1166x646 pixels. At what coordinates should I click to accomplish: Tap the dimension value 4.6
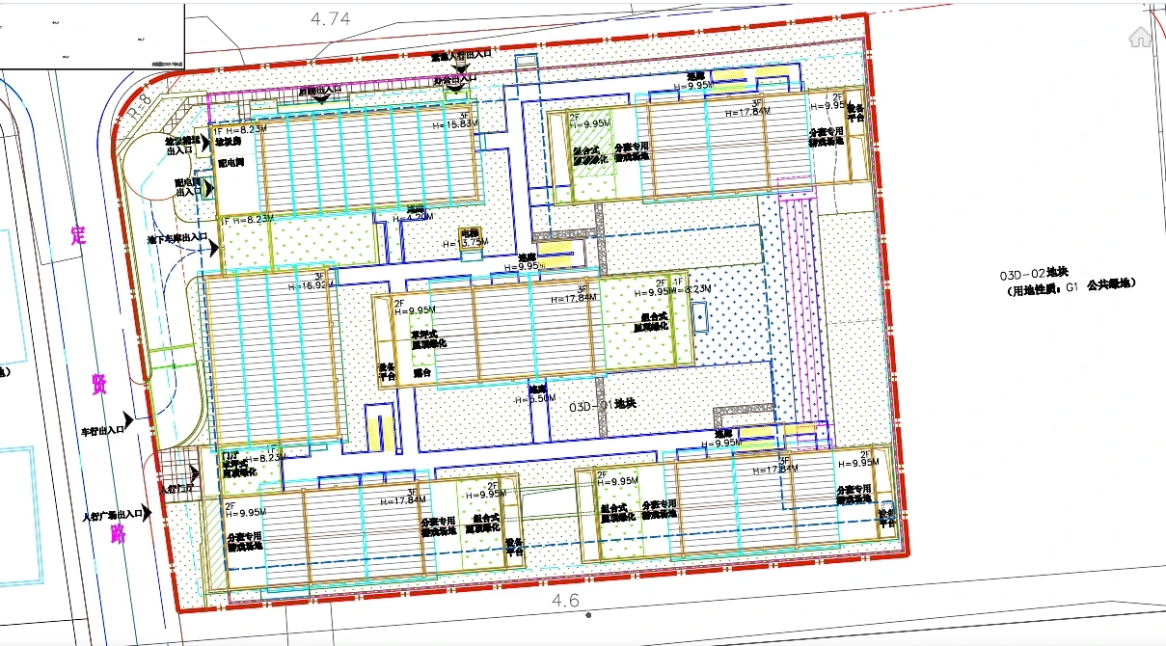pos(565,601)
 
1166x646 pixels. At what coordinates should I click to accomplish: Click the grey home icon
pos(1140,37)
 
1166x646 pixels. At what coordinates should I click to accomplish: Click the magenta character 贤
pos(98,384)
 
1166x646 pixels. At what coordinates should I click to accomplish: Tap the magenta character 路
pos(118,533)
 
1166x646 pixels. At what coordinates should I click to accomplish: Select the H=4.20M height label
pos(413,218)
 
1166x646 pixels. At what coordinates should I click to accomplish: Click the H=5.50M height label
pos(536,397)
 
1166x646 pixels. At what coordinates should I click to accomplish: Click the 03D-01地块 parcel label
pos(603,406)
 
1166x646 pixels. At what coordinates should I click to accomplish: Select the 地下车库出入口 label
pos(177,237)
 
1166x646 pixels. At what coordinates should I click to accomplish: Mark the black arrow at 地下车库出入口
pos(213,247)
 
